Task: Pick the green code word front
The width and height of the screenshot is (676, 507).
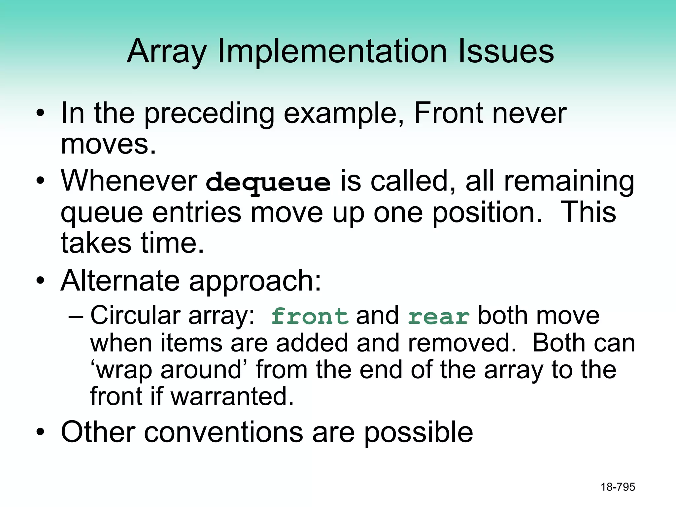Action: pos(309,316)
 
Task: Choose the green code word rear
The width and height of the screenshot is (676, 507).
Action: pos(438,317)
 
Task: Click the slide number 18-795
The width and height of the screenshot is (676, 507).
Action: pos(618,487)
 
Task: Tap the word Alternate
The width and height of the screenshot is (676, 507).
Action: pos(120,281)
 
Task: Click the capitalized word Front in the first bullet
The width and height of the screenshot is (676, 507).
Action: pos(448,113)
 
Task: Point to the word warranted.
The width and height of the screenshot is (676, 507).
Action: pos(232,396)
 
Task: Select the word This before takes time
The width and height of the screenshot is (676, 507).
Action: pos(588,212)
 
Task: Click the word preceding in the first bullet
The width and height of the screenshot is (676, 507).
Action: pos(209,113)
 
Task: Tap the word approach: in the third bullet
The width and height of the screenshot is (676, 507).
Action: pos(255,281)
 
